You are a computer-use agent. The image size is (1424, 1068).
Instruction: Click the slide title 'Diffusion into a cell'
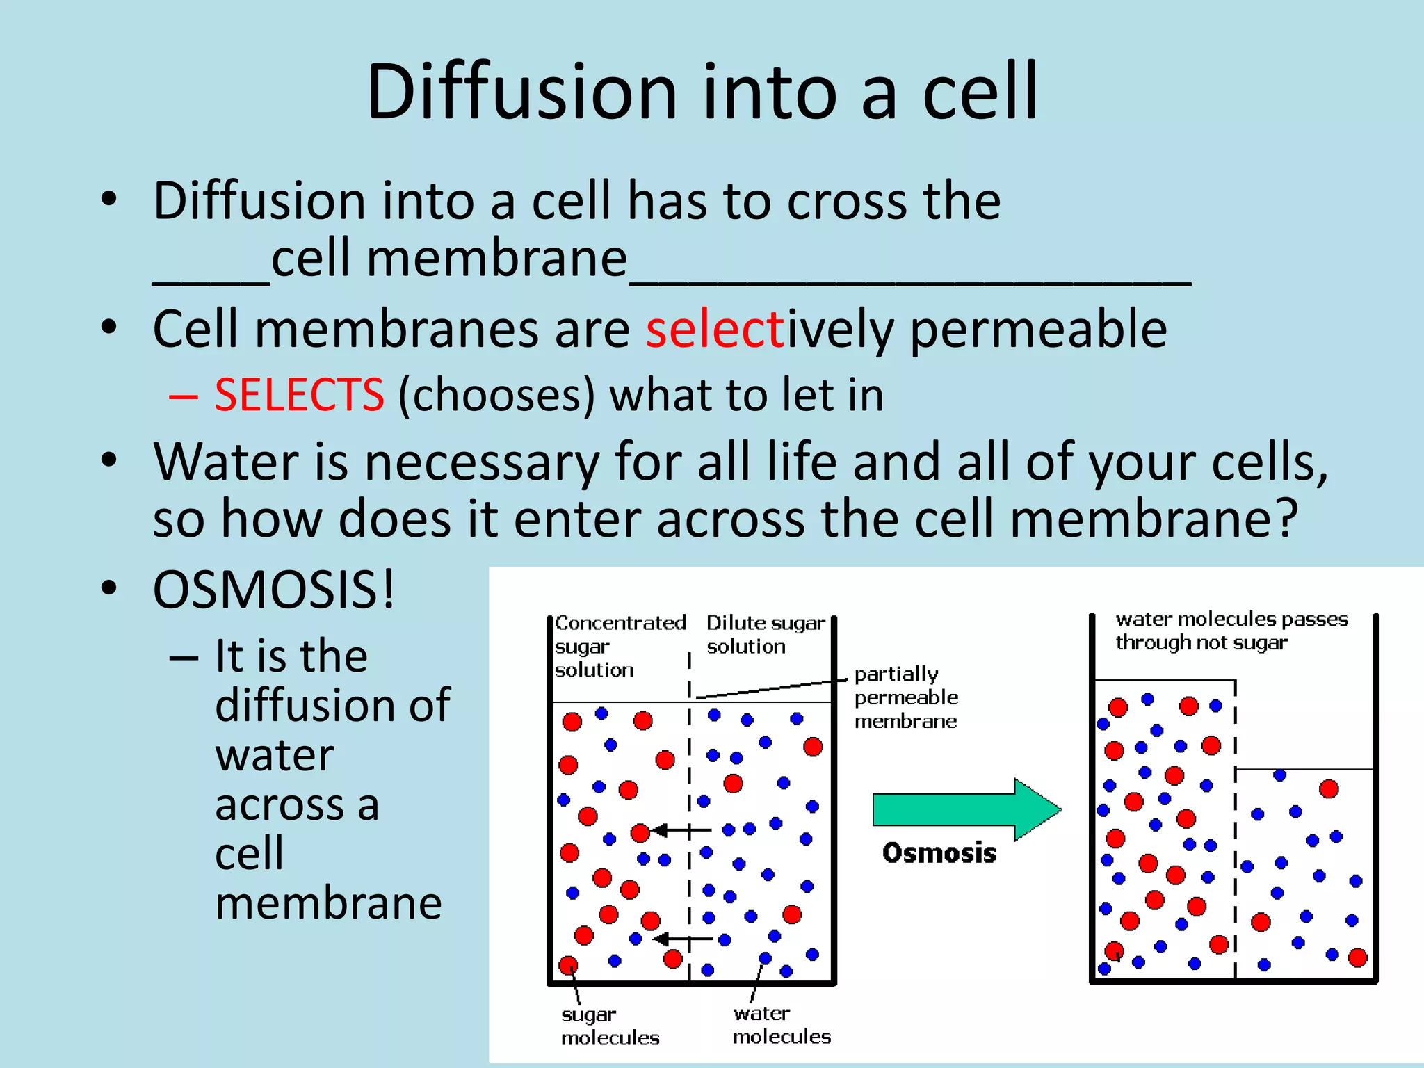[x=702, y=92]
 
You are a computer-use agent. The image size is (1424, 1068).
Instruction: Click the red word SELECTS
[x=299, y=395]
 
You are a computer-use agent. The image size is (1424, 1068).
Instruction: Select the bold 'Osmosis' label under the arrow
[x=939, y=853]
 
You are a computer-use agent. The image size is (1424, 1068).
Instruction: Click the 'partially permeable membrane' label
[x=905, y=697]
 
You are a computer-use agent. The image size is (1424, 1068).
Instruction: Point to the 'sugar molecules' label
[x=610, y=1026]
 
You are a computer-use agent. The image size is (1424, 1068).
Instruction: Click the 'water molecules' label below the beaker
[x=782, y=1025]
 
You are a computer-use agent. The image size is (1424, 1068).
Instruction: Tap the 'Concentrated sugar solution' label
[x=618, y=646]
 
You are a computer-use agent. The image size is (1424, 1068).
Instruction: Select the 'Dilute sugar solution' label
[x=765, y=634]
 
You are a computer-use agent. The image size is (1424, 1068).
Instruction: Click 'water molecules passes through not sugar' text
[x=1231, y=631]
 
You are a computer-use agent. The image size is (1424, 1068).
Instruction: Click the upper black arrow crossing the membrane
[x=681, y=830]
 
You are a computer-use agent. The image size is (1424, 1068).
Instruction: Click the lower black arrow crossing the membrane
[x=682, y=939]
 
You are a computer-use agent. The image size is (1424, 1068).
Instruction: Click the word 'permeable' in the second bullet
[x=1038, y=329]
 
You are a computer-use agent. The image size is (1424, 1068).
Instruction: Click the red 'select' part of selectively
[x=715, y=329]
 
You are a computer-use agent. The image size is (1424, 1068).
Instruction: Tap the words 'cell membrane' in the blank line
[x=449, y=259]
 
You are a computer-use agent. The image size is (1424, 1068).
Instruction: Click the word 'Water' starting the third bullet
[x=226, y=462]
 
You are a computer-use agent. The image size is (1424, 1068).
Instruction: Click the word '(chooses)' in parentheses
[x=496, y=395]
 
